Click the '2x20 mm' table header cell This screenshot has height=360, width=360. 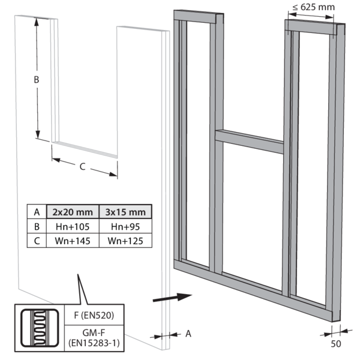coord(73,212)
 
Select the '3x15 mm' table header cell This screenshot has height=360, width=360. coord(125,212)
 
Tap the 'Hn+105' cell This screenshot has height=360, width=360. coord(73,226)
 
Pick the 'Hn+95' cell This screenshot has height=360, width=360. coord(125,226)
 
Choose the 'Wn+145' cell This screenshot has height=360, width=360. coord(73,241)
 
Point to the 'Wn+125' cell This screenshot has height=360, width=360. coord(125,241)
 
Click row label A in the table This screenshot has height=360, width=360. coord(37,212)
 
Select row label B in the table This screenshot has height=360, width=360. coord(37,226)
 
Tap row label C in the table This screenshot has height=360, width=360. coord(37,241)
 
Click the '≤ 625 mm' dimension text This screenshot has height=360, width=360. coord(314,7)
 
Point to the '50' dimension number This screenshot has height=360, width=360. coord(336,344)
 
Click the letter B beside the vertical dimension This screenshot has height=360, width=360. coord(36,79)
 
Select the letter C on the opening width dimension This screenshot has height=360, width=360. coord(82,166)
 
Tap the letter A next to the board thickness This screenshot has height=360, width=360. coord(188,334)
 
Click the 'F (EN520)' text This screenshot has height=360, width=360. coord(94,315)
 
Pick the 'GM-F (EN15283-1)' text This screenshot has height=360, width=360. coord(94,338)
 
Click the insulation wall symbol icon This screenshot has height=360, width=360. coord(40,328)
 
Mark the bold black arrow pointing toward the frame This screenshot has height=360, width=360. coord(172,298)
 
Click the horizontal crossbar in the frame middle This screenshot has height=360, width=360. coord(250,142)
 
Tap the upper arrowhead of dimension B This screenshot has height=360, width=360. coord(36,22)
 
